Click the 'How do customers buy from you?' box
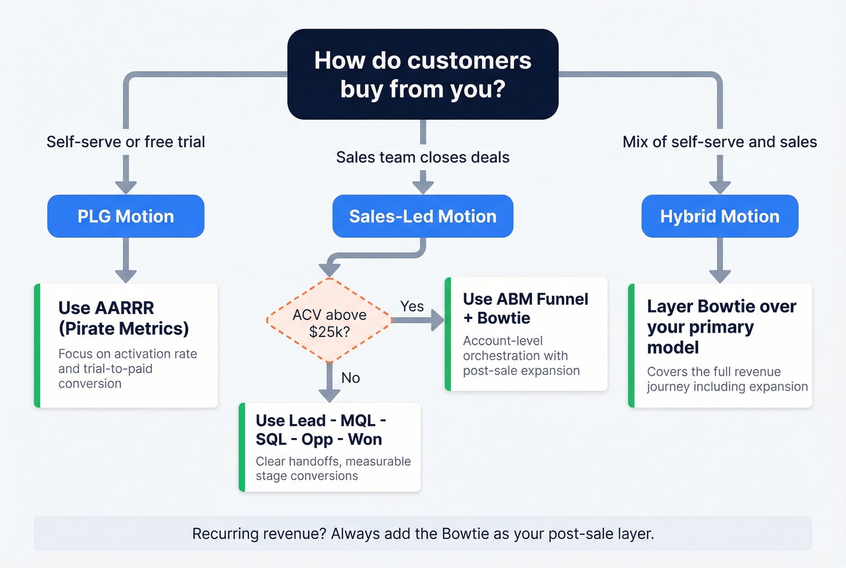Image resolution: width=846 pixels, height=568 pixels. coord(422,74)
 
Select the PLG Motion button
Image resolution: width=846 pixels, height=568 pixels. coord(126,216)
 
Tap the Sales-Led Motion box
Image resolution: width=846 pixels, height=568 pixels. coord(422,216)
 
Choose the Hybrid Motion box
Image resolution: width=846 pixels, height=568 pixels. coord(719,216)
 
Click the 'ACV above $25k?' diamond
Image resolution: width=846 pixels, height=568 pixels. coord(329,322)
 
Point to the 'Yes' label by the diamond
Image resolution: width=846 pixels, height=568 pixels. coord(412,307)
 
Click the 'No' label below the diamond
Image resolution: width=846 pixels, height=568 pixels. coord(350,378)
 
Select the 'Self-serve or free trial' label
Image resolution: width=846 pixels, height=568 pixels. coord(126,142)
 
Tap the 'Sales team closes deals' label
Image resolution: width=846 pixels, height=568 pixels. coord(422,157)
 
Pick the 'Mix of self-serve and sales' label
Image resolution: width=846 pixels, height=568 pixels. coord(719,142)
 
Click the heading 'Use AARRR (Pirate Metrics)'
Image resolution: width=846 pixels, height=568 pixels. coord(123,318)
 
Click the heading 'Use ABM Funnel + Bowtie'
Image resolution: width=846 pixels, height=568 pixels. coord(525,308)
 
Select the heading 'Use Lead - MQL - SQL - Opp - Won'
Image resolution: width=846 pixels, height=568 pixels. coord(320,429)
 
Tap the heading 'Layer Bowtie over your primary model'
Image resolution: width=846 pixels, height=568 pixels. coord(721,327)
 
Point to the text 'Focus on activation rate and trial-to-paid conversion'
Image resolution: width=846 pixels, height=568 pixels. coord(128,368)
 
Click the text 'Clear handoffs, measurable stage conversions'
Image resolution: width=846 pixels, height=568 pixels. coord(332,469)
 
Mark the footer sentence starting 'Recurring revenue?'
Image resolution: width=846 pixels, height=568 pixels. coord(422,534)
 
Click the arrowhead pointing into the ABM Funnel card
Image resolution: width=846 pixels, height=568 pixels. coord(438,320)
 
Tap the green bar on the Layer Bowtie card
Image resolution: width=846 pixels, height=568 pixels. coord(631,345)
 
